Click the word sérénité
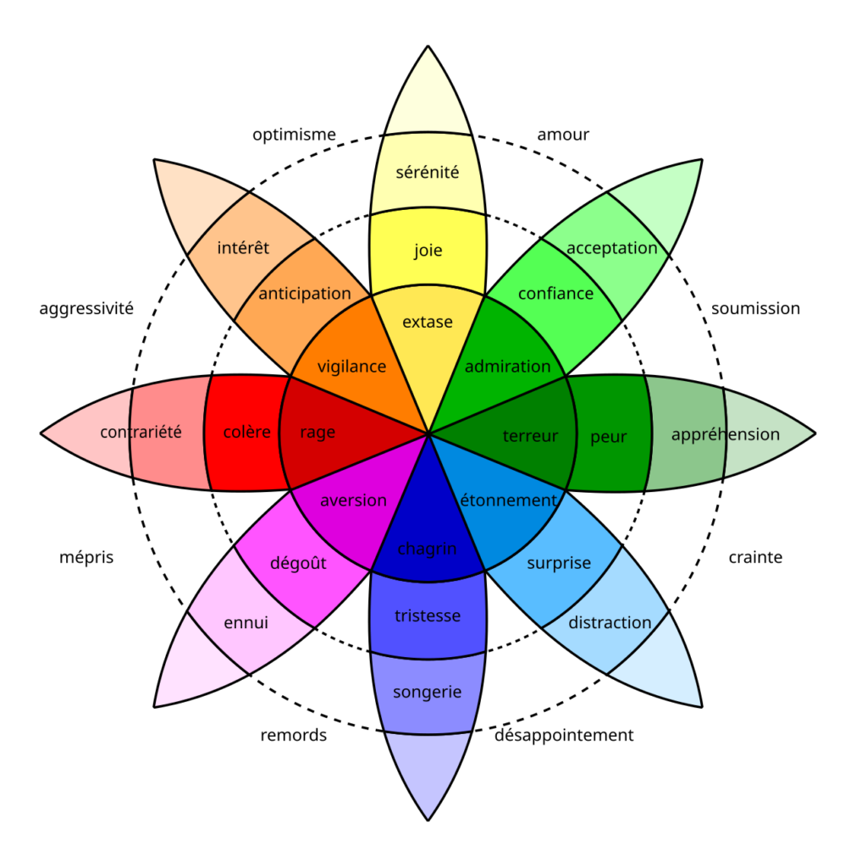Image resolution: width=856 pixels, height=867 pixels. (x=428, y=173)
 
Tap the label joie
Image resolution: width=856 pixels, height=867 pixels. (x=428, y=251)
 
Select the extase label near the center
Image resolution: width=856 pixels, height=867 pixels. (x=428, y=322)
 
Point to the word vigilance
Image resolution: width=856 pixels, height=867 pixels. (x=351, y=367)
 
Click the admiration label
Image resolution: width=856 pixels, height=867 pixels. (x=507, y=367)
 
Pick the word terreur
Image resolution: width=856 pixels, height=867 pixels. (x=531, y=436)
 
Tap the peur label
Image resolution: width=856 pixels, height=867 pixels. (x=609, y=437)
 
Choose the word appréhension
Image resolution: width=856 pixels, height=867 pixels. (x=725, y=434)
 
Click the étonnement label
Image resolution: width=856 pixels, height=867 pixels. (x=508, y=500)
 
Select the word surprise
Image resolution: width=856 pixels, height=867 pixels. (x=559, y=563)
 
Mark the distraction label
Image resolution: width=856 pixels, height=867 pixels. (x=610, y=623)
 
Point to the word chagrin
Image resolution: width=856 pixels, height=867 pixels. (x=428, y=549)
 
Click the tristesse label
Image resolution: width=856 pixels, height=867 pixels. (x=428, y=616)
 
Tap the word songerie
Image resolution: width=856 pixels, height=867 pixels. (x=428, y=693)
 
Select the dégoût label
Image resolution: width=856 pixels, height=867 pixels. (x=298, y=563)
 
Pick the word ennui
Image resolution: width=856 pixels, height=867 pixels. (x=246, y=623)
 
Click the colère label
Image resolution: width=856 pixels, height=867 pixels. (x=247, y=433)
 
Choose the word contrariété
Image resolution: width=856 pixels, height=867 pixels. (x=141, y=433)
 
